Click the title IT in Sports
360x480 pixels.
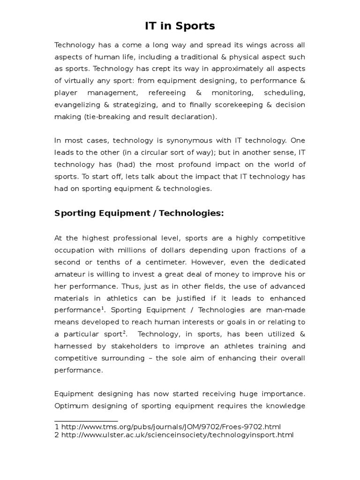pyautogui.click(x=180, y=26)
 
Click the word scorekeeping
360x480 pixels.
pyautogui.click(x=239, y=105)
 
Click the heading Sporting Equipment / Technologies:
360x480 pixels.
pyautogui.click(x=139, y=213)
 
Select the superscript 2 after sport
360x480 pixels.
pyautogui.click(x=124, y=331)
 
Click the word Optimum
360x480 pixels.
pyautogui.click(x=71, y=405)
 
